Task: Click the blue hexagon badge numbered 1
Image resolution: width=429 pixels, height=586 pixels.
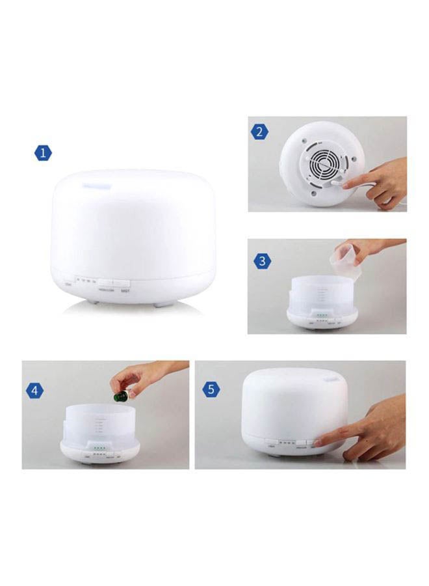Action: point(43,154)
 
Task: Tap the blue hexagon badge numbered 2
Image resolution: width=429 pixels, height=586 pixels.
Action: point(259,132)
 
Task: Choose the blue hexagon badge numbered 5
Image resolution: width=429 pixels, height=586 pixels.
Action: point(211,389)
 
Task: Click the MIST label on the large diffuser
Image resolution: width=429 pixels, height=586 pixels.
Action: point(126,291)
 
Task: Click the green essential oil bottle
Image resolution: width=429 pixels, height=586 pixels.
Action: point(120,395)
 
